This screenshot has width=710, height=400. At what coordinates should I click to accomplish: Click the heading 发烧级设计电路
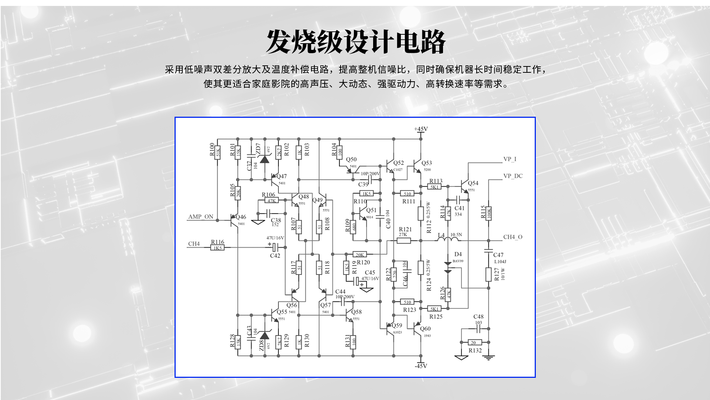coord(356,42)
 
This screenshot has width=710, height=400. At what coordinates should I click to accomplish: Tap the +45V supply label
coord(421,129)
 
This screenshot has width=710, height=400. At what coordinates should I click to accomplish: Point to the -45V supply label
coord(421,366)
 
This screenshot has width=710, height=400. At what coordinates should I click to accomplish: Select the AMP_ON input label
coord(201,217)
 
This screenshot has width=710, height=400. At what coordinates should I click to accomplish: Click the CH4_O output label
coord(513,237)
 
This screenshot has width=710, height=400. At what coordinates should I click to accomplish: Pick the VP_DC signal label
coord(513,176)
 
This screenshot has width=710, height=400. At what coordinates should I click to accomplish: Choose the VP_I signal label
coord(510,159)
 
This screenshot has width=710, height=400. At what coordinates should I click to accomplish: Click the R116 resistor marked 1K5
coord(217,248)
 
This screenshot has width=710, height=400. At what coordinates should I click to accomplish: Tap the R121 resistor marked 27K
coord(403,241)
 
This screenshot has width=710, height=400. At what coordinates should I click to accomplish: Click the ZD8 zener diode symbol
coord(264,336)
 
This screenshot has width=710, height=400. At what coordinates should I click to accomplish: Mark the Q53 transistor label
coord(426,163)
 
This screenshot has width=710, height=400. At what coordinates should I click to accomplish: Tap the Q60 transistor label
coord(425,329)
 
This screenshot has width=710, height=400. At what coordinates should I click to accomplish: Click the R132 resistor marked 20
coord(474,342)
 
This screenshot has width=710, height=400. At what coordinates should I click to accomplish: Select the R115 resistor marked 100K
coord(488,213)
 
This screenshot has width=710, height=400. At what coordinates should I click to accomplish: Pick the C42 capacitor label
coord(275,256)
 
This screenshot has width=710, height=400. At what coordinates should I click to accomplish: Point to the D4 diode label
coord(458,254)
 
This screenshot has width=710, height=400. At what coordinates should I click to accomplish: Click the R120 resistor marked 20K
coord(360,254)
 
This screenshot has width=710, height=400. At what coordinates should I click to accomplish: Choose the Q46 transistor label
coord(240,217)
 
